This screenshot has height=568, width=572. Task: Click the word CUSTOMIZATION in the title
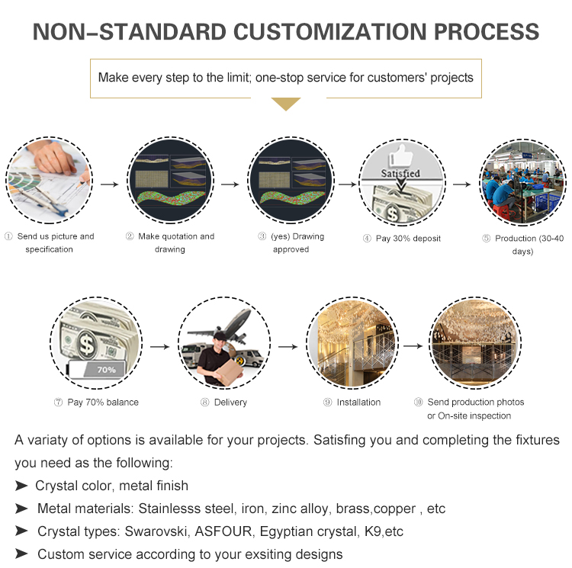click(329, 32)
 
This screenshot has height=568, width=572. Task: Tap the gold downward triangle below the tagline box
click(286, 104)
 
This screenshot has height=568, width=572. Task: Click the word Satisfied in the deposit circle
click(400, 173)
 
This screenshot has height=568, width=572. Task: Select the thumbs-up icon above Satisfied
click(402, 156)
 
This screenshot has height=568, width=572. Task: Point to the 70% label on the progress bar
click(106, 370)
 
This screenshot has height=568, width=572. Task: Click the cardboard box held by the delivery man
click(230, 372)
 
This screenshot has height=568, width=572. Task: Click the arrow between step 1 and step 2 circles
click(109, 185)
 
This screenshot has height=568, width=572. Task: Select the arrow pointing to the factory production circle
click(462, 185)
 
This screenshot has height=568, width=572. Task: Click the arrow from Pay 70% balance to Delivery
click(160, 347)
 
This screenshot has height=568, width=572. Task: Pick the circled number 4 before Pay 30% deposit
click(367, 239)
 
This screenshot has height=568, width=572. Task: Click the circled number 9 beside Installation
click(328, 402)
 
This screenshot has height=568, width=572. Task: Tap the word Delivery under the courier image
click(230, 402)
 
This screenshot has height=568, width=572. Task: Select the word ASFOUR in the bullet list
click(223, 531)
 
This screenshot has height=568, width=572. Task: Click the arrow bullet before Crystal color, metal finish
click(21, 486)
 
